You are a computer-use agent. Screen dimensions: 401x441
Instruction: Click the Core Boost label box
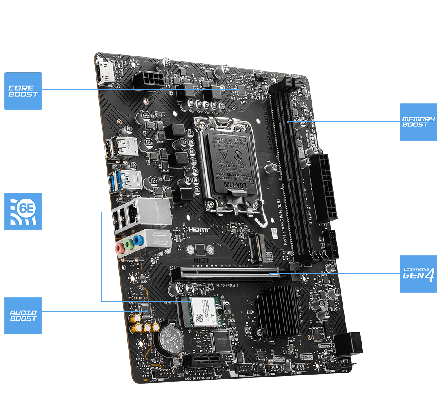(x=23, y=91)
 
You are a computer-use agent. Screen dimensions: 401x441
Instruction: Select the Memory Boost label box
(x=418, y=122)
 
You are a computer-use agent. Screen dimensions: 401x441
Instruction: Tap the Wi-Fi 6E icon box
(x=23, y=211)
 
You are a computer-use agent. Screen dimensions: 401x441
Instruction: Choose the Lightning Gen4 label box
(x=418, y=273)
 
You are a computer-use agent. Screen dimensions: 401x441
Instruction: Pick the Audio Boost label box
(x=23, y=315)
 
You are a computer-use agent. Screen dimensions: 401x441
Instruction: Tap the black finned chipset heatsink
(x=279, y=311)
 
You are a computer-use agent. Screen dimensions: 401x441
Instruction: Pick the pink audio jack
(x=120, y=248)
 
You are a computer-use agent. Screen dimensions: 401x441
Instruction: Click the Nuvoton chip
(x=220, y=340)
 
